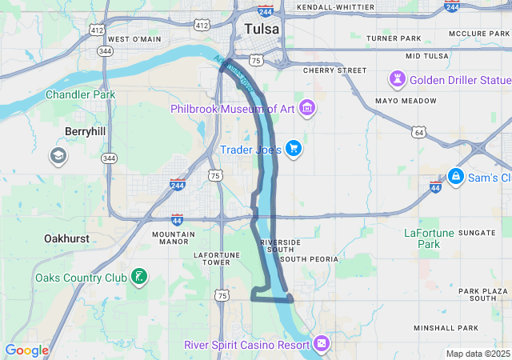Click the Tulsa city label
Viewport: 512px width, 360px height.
click(x=262, y=29)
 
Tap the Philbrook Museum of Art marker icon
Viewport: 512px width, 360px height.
click(x=307, y=108)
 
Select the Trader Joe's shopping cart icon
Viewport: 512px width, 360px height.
click(x=294, y=149)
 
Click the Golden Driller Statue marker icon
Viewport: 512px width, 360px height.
click(x=397, y=79)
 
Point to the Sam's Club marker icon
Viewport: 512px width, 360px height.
click(x=455, y=176)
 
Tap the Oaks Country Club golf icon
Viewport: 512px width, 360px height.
click(x=139, y=278)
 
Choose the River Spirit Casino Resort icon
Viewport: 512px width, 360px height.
click(x=321, y=344)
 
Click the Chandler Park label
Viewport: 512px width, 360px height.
click(x=80, y=94)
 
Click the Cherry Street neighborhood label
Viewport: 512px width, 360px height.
click(x=334, y=70)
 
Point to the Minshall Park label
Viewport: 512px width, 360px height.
click(x=445, y=328)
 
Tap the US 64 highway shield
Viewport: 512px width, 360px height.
click(x=419, y=131)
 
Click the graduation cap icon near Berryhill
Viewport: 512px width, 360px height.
click(x=58, y=155)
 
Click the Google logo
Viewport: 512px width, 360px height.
click(x=26, y=350)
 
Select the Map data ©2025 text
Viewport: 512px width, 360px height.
click(x=477, y=354)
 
